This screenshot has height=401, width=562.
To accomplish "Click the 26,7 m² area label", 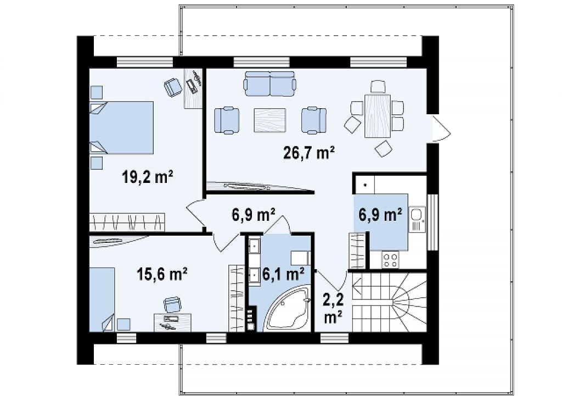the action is click(x=309, y=153).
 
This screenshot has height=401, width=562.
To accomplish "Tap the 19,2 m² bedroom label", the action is click(x=148, y=177).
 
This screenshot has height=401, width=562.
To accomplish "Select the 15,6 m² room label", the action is click(x=162, y=275).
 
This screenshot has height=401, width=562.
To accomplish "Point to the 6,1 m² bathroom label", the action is click(x=284, y=275).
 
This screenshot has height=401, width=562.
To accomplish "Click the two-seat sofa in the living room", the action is click(x=270, y=84).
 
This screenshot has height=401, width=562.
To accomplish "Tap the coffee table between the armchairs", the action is click(x=270, y=120).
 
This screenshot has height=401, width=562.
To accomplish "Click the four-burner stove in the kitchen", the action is click(x=391, y=260).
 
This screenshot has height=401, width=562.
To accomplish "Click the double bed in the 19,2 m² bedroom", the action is click(x=121, y=127).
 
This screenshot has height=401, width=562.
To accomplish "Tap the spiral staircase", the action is click(x=390, y=302).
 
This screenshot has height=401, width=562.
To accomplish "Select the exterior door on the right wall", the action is click(x=440, y=128).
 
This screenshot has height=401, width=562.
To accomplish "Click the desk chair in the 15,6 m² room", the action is click(x=172, y=305).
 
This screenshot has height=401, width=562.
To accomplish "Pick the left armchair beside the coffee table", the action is click(x=227, y=120).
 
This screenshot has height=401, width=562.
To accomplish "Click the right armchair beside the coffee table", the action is click(x=314, y=120).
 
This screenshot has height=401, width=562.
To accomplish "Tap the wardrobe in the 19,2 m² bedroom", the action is click(x=127, y=222).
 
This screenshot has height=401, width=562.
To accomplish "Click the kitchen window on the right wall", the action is click(x=434, y=222).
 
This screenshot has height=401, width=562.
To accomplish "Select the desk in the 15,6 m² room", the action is click(x=172, y=322).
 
